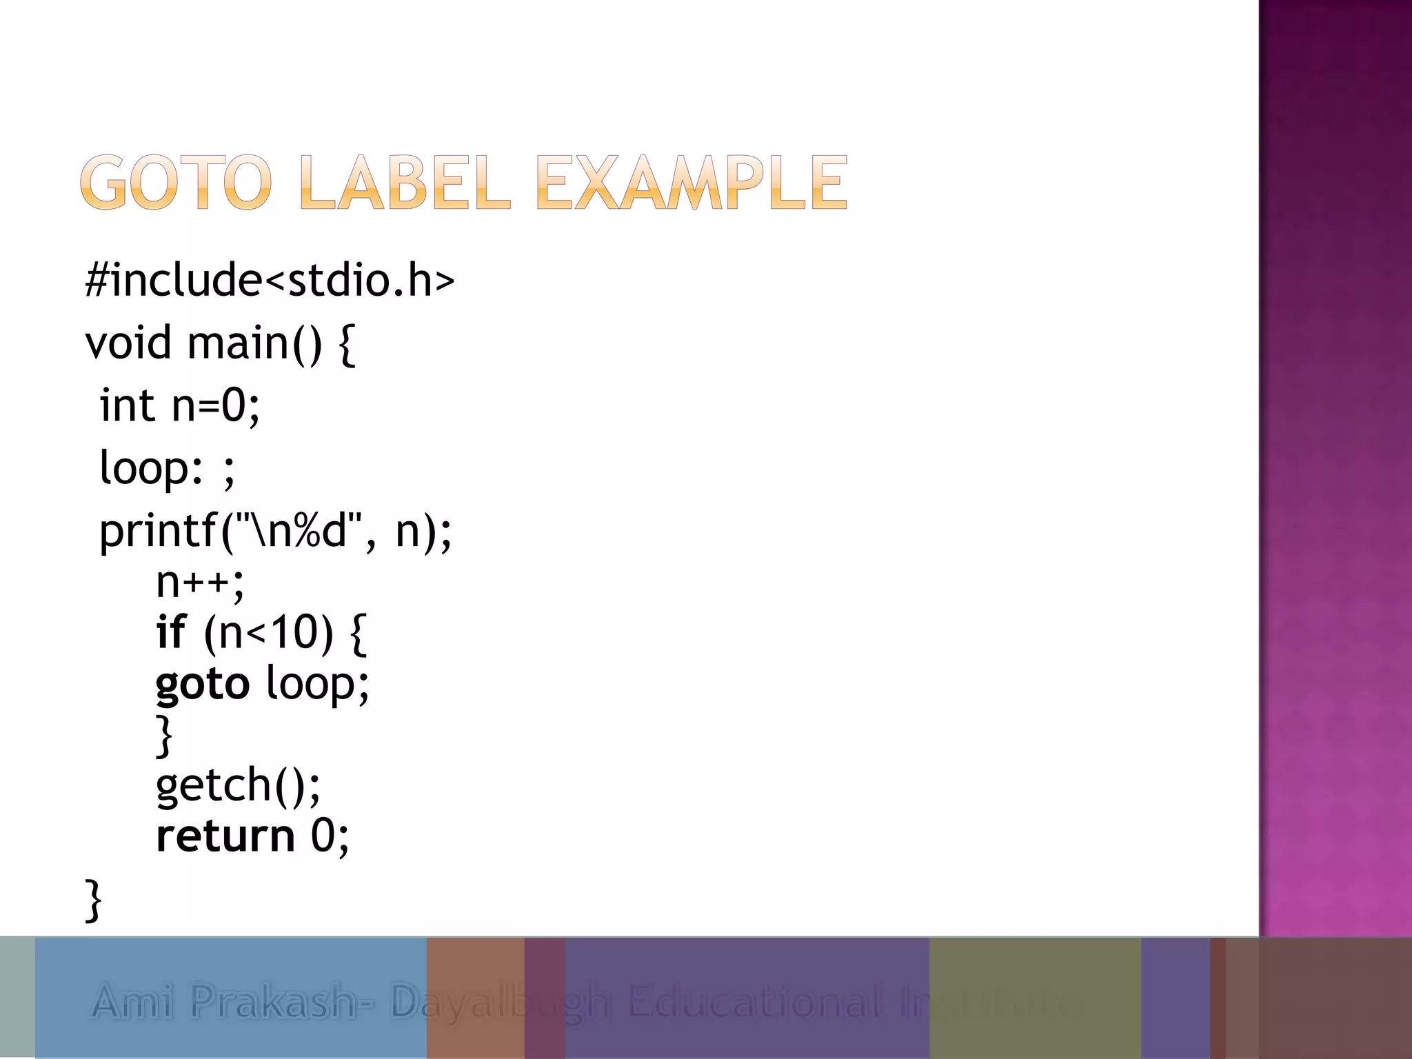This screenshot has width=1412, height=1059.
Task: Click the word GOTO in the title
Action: (176, 182)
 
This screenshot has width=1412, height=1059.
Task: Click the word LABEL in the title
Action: (405, 182)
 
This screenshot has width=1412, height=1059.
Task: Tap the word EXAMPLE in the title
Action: (691, 182)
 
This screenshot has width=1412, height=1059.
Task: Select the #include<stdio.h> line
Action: (270, 280)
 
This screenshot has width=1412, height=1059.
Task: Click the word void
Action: (128, 343)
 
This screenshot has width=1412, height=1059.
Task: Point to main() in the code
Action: (254, 343)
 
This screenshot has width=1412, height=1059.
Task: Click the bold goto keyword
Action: (203, 684)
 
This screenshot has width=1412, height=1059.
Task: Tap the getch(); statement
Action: (238, 785)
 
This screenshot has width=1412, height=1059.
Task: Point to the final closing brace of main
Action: (93, 900)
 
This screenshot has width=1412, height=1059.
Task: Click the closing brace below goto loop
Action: (164, 735)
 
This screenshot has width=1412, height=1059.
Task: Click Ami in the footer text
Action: (132, 1001)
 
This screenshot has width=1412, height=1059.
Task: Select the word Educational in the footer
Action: (754, 1001)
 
